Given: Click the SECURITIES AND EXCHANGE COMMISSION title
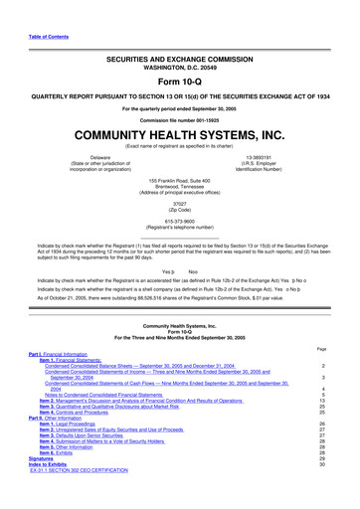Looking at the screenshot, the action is coord(179,60).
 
